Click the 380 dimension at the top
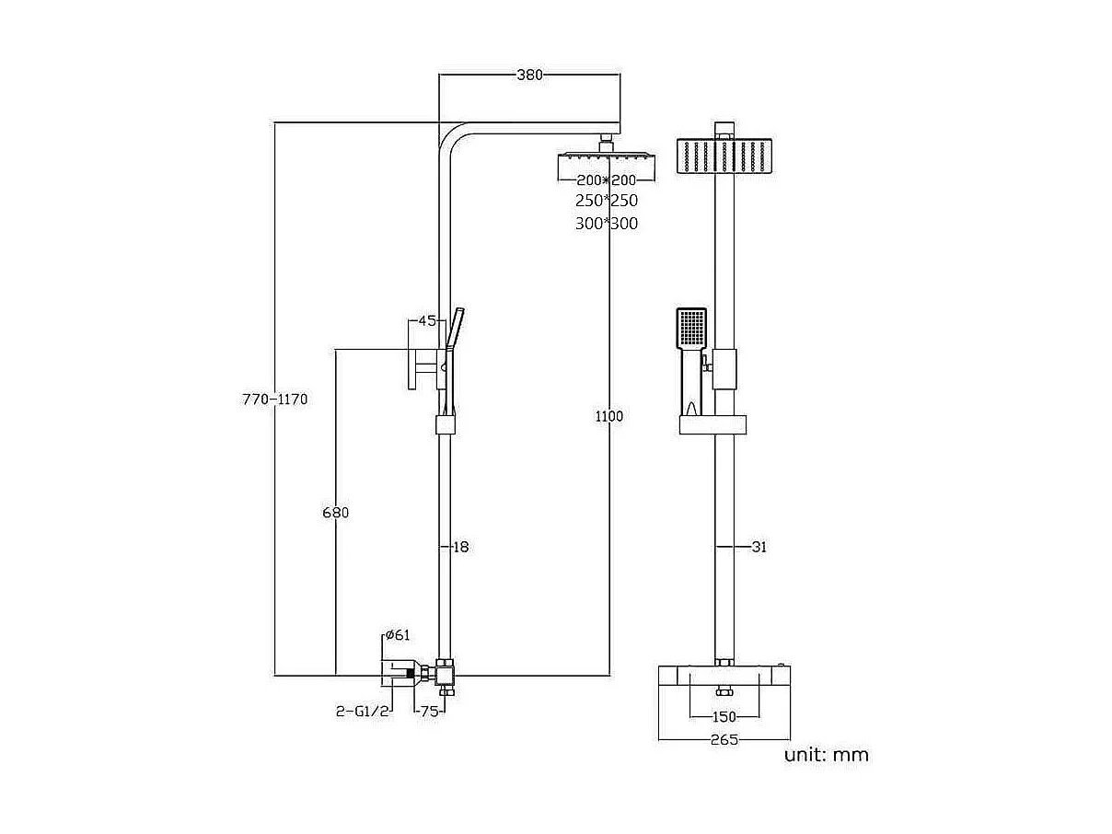pos(529,75)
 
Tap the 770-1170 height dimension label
pos(274,400)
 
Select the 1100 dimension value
pos(608,416)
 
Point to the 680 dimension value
pos(335,513)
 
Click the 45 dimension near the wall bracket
pos(426,321)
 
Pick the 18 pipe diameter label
pos(460,547)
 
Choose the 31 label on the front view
pos(759,547)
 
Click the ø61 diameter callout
pos(397,635)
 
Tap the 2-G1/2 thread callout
pos(363,712)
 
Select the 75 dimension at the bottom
pos(429,712)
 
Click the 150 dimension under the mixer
pos(725,717)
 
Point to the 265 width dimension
pos(724,739)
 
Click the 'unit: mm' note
pos(826,756)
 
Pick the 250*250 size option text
pos(606,201)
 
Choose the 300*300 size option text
pos(606,224)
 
